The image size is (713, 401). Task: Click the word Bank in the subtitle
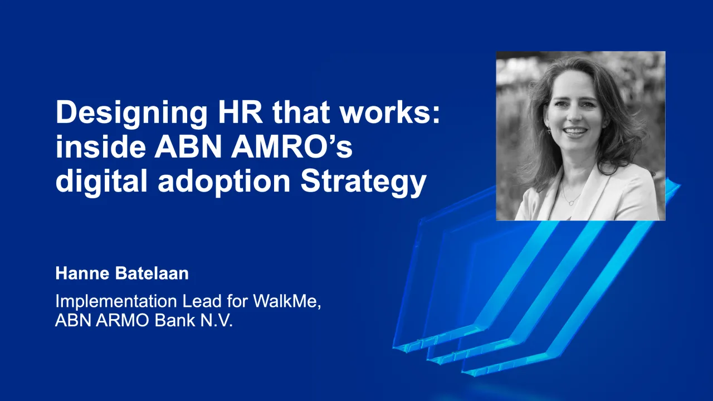tap(168, 321)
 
